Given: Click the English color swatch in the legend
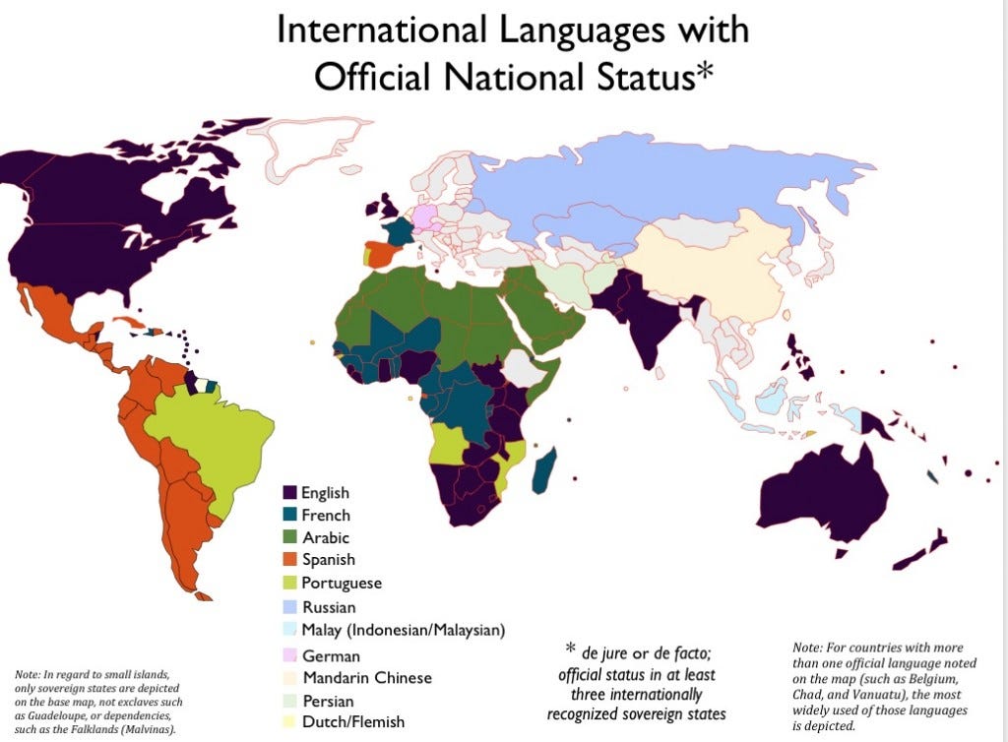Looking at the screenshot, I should (289, 492).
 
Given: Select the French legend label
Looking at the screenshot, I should (325, 515).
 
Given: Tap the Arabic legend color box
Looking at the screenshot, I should (289, 537).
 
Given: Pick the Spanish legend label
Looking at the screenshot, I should (329, 560).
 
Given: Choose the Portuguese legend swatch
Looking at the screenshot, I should (289, 583).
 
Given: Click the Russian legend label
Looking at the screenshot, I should (329, 607).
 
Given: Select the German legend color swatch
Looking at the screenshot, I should (289, 655).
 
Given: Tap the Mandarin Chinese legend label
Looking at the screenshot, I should (366, 677).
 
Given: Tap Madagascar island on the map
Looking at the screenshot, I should (540, 470).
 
